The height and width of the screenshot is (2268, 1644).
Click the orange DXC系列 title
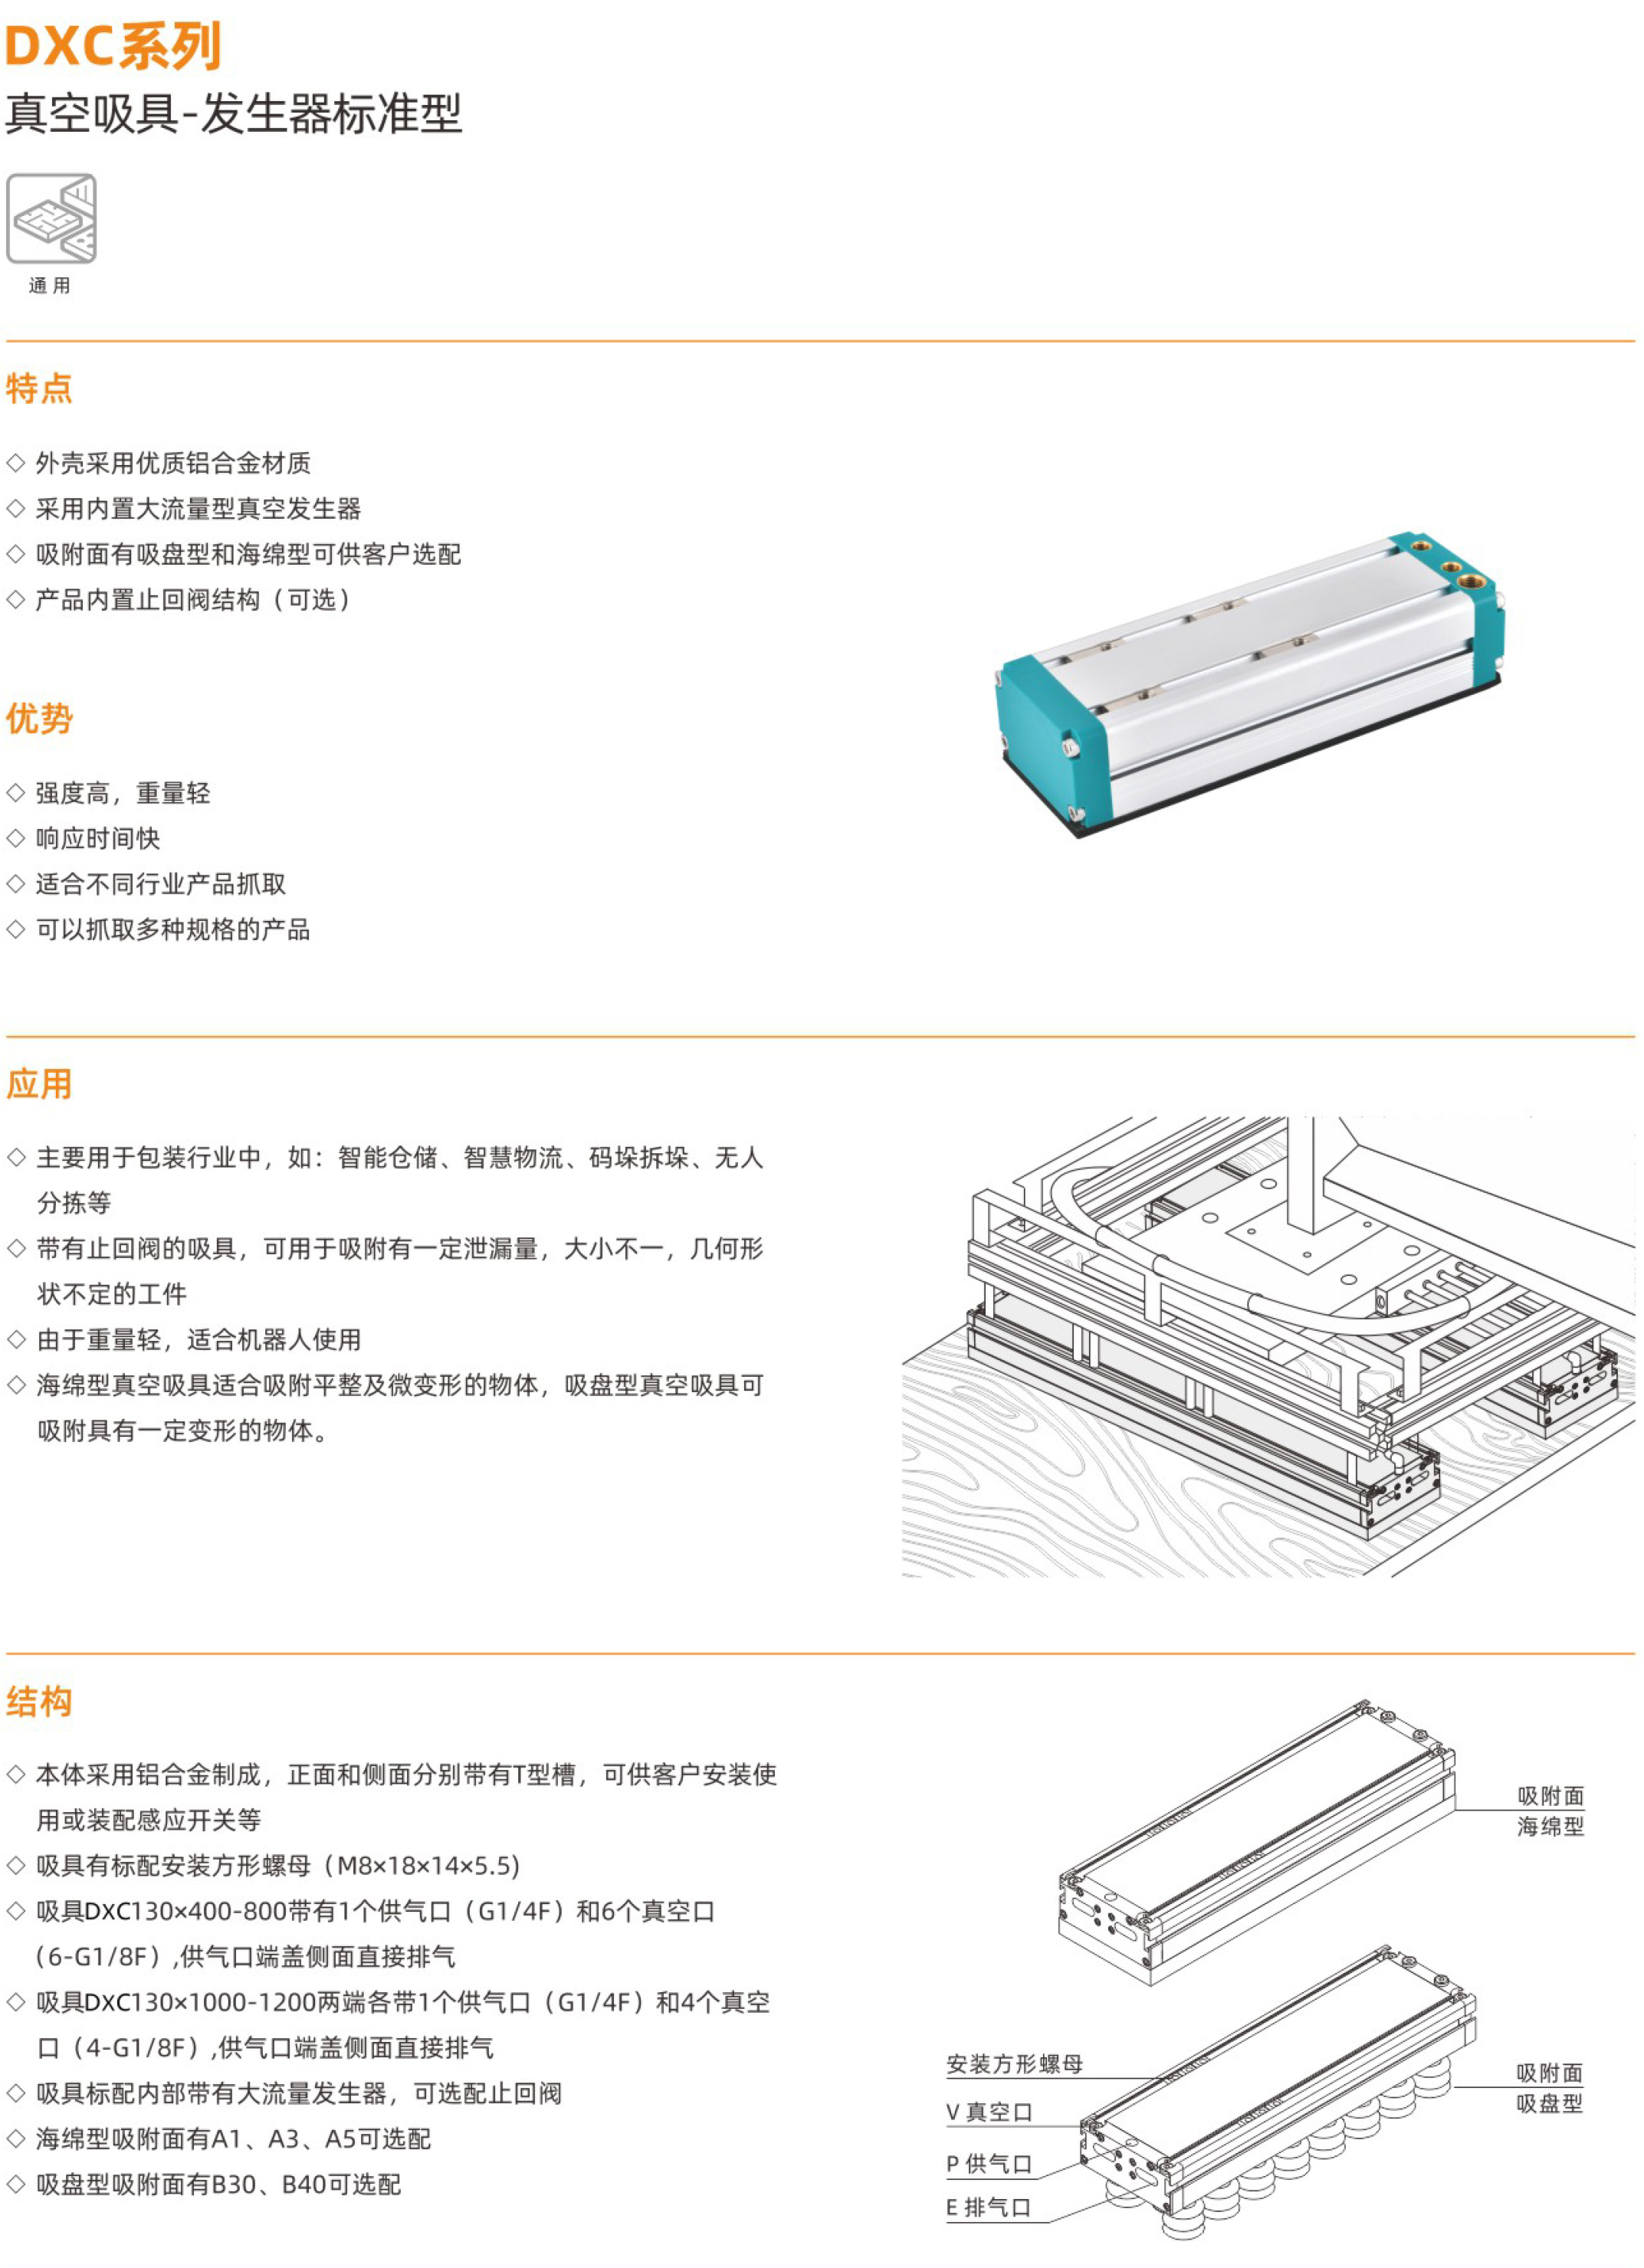point(113,46)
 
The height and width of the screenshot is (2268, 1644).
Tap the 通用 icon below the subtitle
point(51,219)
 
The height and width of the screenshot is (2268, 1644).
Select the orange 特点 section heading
point(39,388)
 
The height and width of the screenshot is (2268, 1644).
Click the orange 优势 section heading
point(39,718)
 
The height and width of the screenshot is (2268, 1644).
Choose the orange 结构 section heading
point(39,1701)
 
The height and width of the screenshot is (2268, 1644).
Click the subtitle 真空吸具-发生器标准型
point(234,113)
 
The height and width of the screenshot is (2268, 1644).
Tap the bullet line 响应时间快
point(98,838)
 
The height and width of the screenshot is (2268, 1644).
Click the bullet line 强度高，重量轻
point(123,793)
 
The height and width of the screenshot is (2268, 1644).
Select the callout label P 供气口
point(988,2164)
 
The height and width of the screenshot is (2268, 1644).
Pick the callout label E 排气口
point(988,2207)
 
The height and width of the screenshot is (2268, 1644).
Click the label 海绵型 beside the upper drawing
point(1550,1826)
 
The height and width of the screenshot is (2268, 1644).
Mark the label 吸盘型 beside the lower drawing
point(1549,2103)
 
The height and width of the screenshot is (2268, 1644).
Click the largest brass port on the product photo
point(1469,581)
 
